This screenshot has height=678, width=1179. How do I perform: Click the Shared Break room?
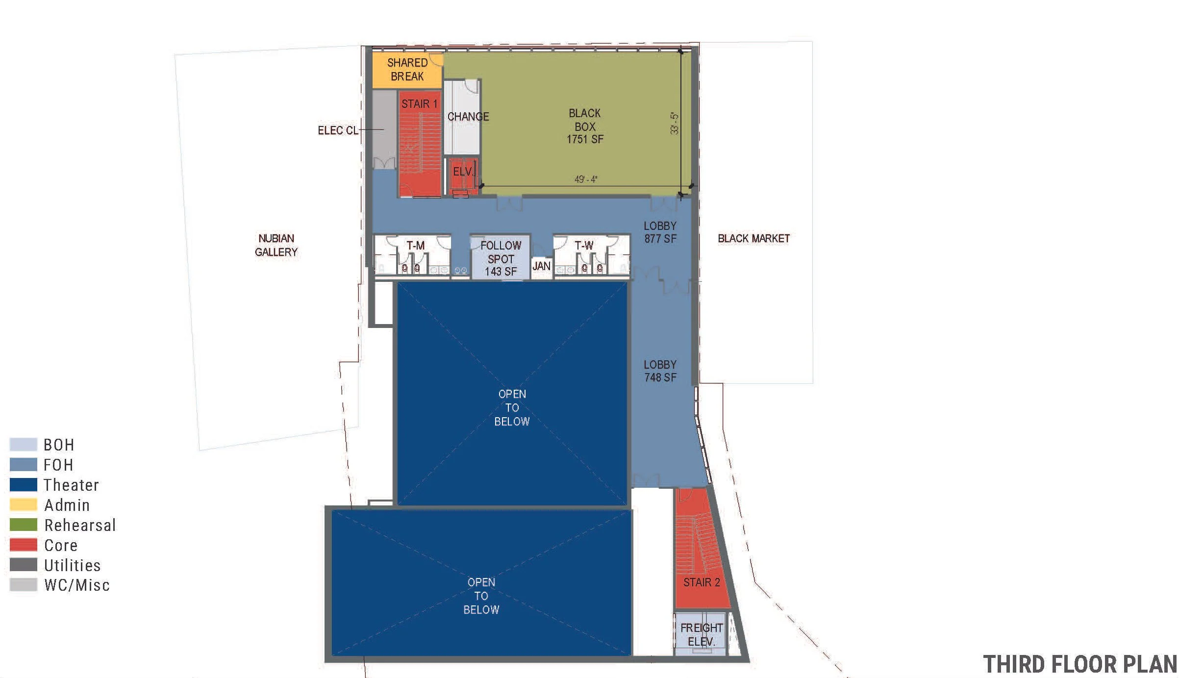click(x=407, y=70)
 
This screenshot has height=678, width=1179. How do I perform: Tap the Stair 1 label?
click(x=419, y=104)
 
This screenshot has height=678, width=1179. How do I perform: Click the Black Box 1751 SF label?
click(x=584, y=126)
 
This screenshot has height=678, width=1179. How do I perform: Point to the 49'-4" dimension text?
click(x=586, y=179)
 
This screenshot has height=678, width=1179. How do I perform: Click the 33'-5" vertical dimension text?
click(x=675, y=124)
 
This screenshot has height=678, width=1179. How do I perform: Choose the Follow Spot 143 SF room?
click(x=501, y=258)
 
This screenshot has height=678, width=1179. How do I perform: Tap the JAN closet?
click(x=541, y=266)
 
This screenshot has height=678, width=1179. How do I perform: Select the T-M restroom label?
click(x=415, y=245)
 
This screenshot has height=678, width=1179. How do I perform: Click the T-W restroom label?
click(x=584, y=245)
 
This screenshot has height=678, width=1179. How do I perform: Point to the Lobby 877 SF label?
click(x=660, y=232)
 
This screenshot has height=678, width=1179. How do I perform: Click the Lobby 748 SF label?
click(x=660, y=371)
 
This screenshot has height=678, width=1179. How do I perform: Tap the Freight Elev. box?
click(x=701, y=634)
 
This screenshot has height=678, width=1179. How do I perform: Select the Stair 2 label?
click(x=702, y=582)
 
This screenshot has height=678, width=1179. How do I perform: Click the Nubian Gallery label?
click(x=276, y=245)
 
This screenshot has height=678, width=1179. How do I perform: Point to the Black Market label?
click(x=753, y=239)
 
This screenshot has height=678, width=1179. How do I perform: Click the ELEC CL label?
click(x=338, y=130)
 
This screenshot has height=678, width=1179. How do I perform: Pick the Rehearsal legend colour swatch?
click(x=24, y=525)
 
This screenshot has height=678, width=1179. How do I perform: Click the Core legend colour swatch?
click(x=24, y=545)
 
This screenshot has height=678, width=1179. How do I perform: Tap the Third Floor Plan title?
click(x=1079, y=664)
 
